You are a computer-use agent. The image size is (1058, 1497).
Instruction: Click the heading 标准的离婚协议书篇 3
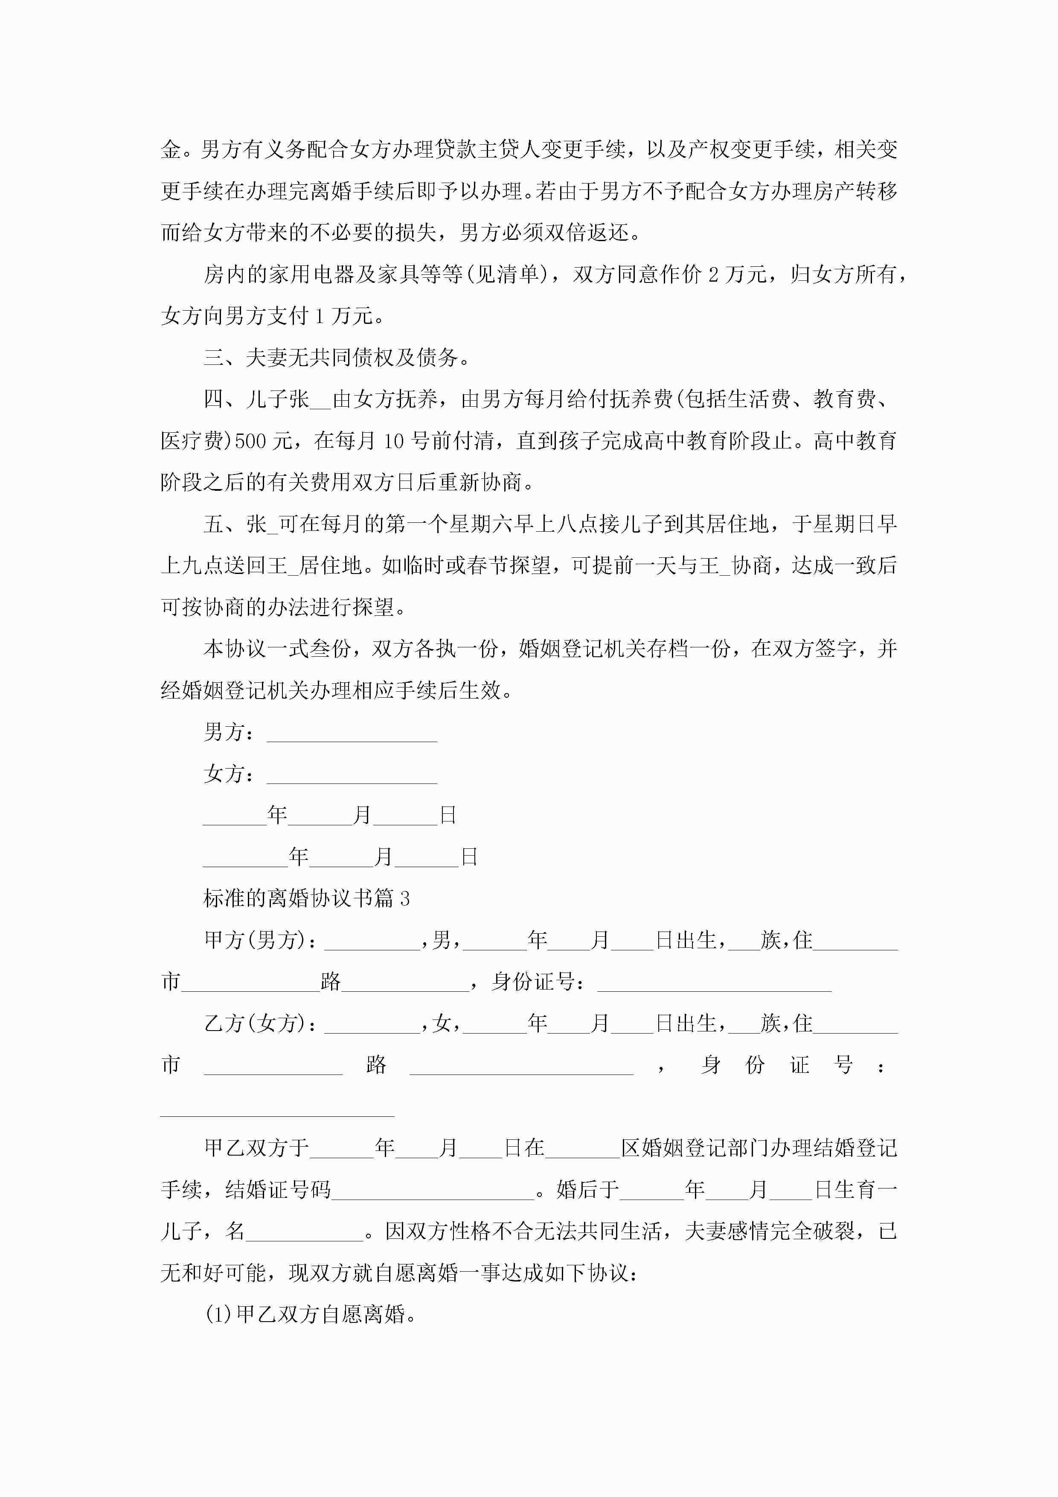coord(306,898)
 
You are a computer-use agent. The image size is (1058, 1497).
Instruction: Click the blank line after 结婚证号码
coord(433,1191)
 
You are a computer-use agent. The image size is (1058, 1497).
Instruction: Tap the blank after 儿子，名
coord(305,1232)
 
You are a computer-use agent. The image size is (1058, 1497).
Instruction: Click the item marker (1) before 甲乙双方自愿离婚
coord(219,1314)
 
